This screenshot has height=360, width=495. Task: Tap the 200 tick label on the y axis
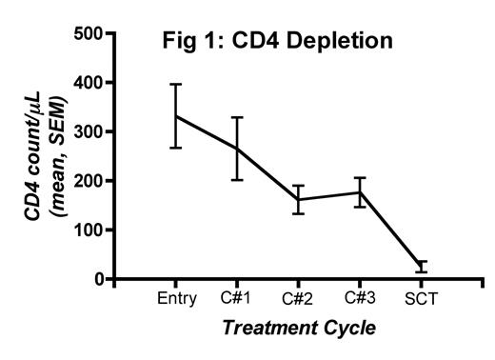pyautogui.click(x=88, y=181)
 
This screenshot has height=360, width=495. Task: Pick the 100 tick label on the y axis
pyautogui.click(x=88, y=230)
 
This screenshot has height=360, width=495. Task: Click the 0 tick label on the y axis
pyautogui.click(x=98, y=279)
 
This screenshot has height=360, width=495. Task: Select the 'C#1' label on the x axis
pyautogui.click(x=238, y=299)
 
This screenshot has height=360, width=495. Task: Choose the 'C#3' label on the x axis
pyautogui.click(x=360, y=299)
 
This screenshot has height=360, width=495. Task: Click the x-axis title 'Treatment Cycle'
pyautogui.click(x=299, y=328)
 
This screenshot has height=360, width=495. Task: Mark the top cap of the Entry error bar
pyautogui.click(x=177, y=84)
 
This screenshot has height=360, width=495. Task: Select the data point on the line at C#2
pyautogui.click(x=299, y=199)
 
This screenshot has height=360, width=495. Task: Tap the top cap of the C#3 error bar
pyautogui.click(x=360, y=178)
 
